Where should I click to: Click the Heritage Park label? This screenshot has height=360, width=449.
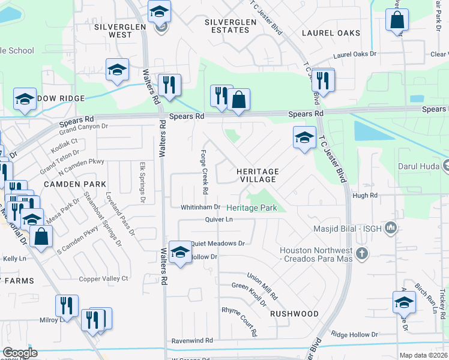[252, 208]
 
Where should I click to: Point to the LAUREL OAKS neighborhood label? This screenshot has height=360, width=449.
[331, 33]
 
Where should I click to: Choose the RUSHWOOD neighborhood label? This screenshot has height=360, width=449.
[294, 314]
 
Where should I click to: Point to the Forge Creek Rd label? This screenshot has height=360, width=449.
[204, 172]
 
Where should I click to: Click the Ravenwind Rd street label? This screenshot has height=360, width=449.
[192, 340]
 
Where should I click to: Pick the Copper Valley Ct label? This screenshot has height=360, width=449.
[104, 278]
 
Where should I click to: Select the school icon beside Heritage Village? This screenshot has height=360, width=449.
[304, 137]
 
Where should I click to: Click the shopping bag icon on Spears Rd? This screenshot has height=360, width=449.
[238, 100]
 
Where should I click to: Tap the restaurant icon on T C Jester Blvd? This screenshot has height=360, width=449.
[324, 81]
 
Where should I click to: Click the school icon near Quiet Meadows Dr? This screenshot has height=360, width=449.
[179, 252]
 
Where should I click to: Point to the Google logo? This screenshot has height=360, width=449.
[20, 353]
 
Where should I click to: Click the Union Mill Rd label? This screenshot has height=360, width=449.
[263, 287]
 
